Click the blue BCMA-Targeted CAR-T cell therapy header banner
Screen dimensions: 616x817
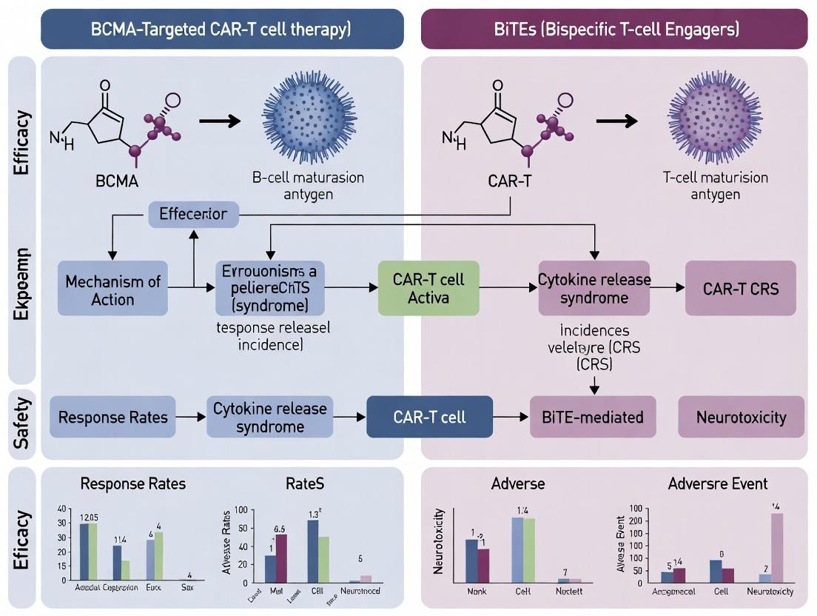click(x=221, y=29)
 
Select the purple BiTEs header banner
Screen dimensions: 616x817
click(x=613, y=29)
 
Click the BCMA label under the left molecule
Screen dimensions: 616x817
click(x=117, y=181)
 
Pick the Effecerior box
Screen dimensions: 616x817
click(x=193, y=215)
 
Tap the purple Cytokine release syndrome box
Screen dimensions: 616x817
click(x=594, y=289)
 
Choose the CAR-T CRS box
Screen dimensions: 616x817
click(x=741, y=289)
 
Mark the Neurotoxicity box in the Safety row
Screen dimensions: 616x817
click(x=741, y=418)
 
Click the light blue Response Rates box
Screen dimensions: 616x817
click(x=113, y=417)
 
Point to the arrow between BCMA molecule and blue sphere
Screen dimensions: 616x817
click(x=221, y=121)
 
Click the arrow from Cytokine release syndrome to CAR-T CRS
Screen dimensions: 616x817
click(x=667, y=289)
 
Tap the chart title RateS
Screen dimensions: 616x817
click(x=304, y=484)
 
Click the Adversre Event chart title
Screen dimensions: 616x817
click(x=717, y=484)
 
